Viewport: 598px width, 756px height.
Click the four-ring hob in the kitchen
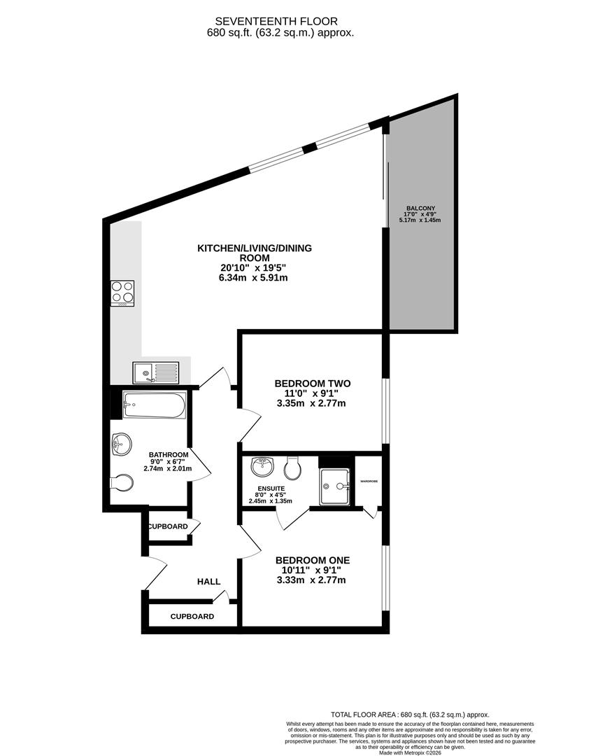click(x=122, y=293)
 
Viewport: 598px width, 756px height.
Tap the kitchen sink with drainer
click(x=156, y=372)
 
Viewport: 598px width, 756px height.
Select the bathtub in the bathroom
click(x=154, y=405)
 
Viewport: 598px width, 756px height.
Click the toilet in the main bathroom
click(x=122, y=483)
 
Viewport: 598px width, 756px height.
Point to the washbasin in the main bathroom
click(x=120, y=442)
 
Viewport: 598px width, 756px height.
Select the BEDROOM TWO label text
click(x=312, y=384)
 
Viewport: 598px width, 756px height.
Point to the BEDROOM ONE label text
click(x=312, y=560)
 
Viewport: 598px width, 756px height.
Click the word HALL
click(x=208, y=582)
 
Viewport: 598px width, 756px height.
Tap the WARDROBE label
click(x=369, y=482)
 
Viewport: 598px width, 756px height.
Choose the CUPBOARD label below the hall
click(x=192, y=617)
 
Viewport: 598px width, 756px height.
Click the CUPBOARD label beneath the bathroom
click(x=167, y=526)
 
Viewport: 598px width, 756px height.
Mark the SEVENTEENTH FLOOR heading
click(x=280, y=21)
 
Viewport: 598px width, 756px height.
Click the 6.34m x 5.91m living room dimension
click(x=253, y=278)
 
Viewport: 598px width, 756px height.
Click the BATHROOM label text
click(x=169, y=454)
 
